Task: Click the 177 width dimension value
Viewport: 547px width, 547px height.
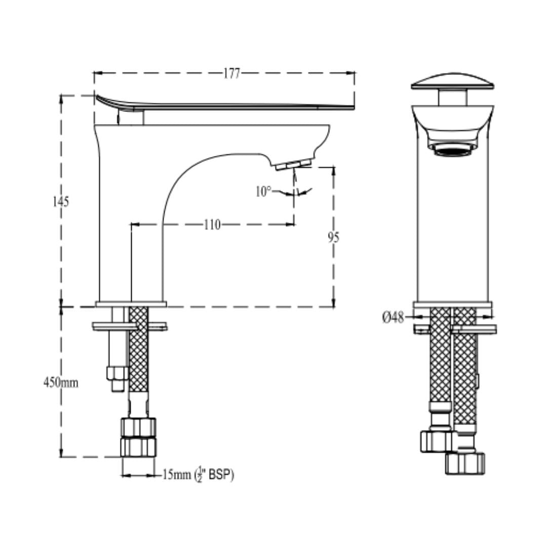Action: click(x=231, y=73)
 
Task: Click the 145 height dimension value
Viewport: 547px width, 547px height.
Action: click(x=61, y=202)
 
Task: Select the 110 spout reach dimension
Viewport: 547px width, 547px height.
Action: click(x=212, y=224)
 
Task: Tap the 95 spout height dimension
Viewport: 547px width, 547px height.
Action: click(x=333, y=237)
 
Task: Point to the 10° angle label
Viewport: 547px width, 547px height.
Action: click(x=263, y=191)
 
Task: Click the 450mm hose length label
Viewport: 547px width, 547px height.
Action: click(x=61, y=382)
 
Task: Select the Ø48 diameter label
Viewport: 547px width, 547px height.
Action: click(x=393, y=318)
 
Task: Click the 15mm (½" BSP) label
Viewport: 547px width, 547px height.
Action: click(x=198, y=475)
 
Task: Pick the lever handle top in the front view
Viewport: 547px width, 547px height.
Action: click(x=452, y=81)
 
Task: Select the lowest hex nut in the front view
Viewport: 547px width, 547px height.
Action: click(x=465, y=463)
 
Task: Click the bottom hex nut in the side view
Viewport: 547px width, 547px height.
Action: click(x=138, y=447)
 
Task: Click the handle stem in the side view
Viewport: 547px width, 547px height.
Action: click(x=131, y=118)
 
